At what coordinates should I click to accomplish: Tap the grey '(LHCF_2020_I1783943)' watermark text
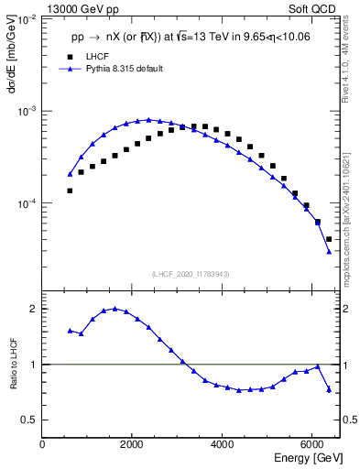click(x=191, y=274)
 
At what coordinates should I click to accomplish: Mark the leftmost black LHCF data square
click(x=70, y=191)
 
